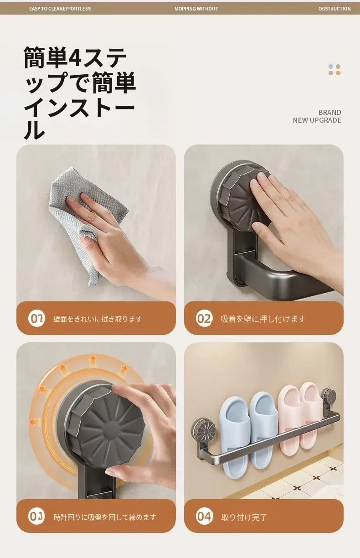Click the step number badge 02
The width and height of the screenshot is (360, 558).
[x=204, y=318]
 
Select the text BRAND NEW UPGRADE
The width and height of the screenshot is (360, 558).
[x=317, y=116]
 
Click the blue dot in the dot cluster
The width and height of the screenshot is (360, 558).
[x=331, y=67]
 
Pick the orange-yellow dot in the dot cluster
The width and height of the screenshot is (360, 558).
[x=338, y=73]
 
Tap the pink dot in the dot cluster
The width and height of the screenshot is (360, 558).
[x=331, y=73]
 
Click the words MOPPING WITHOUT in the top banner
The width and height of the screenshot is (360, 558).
[x=196, y=9]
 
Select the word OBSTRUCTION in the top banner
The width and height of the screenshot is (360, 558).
[x=334, y=9]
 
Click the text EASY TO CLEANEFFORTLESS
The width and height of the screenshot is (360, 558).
[x=60, y=9]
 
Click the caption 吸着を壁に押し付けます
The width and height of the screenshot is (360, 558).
[x=263, y=319]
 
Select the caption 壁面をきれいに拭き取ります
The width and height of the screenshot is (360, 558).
[x=98, y=319]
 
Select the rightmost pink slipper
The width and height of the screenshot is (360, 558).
[x=311, y=415]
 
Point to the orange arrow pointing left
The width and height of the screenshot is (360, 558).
[x=34, y=422]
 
